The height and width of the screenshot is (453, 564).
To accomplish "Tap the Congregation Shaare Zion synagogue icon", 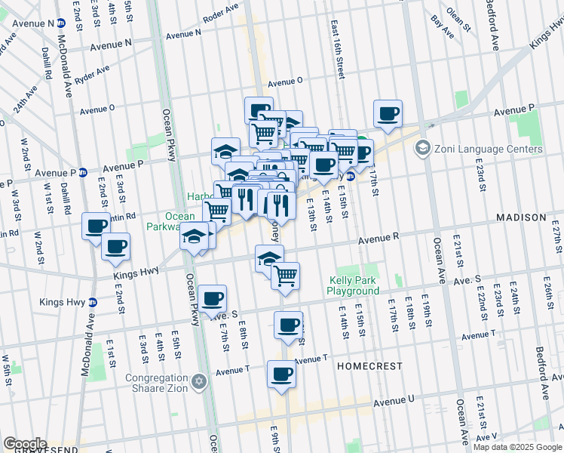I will coord(199,379).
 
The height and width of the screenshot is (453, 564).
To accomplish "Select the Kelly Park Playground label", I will coord(354,285).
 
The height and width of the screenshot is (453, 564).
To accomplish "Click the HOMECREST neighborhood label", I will coord(365,365).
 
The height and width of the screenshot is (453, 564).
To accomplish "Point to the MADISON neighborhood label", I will coord(520,217).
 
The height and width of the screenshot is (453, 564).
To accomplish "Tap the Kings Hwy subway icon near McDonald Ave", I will coord(93,303).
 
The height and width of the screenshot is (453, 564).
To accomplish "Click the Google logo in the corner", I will coord(25,444).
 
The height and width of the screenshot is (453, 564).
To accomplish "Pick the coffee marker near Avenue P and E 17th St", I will coord(388,114).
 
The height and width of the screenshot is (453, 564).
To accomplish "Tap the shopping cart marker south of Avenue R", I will coord(286,276).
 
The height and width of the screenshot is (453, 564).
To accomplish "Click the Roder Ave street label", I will coord(221,14).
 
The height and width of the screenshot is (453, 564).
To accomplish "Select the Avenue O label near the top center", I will coord(284,81).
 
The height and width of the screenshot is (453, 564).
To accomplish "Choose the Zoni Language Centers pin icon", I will coord(422,148).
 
